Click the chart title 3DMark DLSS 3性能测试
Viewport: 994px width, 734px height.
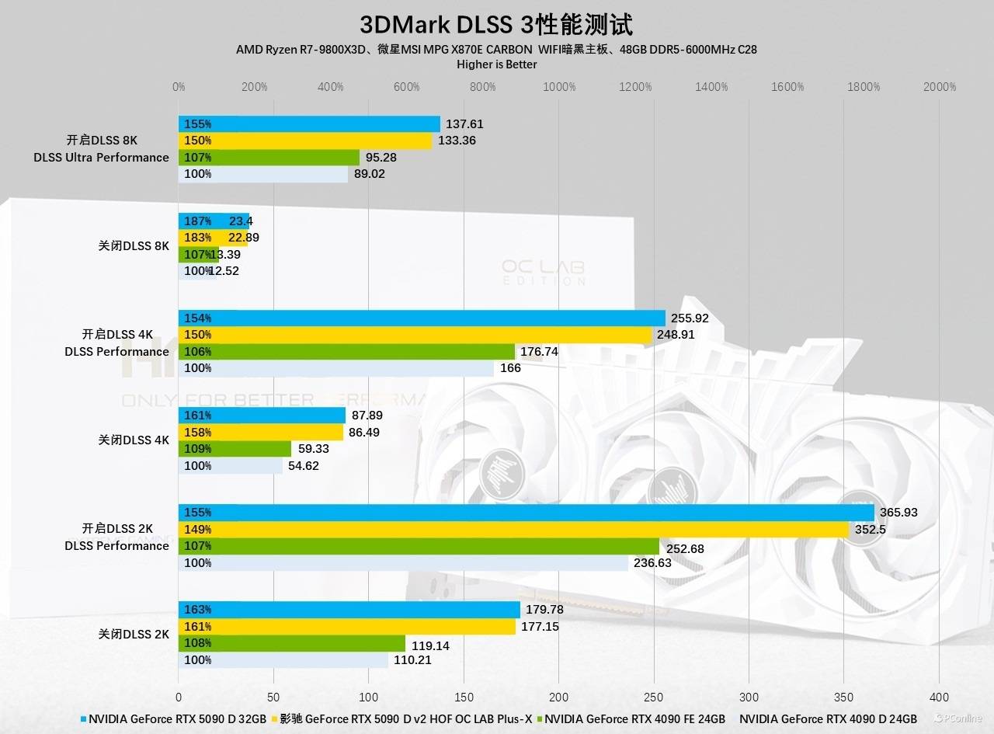496,24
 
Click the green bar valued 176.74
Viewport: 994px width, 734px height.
346,352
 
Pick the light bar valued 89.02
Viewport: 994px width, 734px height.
263,174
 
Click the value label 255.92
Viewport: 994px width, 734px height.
690,318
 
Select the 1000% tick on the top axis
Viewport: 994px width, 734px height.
559,87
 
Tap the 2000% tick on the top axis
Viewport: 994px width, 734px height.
940,87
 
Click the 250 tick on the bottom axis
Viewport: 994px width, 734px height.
654,697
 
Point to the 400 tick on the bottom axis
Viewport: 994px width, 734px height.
939,697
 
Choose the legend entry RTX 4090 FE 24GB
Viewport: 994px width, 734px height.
634,719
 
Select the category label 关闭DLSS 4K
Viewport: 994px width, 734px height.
134,440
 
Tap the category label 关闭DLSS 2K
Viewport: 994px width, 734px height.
134,635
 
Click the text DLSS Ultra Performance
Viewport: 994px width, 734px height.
101,158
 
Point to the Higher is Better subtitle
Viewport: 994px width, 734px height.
496,64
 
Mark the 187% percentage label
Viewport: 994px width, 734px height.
197,221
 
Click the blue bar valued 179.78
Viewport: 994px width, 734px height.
349,610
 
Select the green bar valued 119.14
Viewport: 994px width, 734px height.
292,643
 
